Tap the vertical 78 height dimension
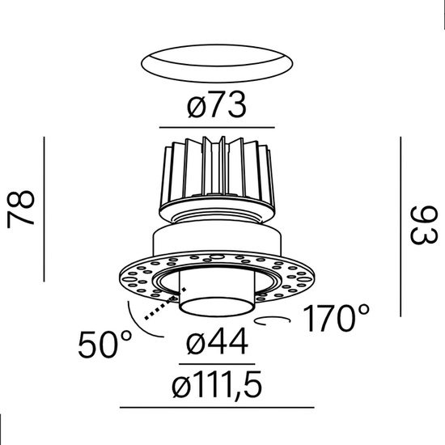pyautogui.click(x=22, y=208)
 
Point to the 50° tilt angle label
pyautogui.click(x=104, y=346)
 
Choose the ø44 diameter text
pyautogui.click(x=215, y=346)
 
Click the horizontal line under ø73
pyautogui.click(x=216, y=127)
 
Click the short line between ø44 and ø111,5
pyautogui.click(x=216, y=364)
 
